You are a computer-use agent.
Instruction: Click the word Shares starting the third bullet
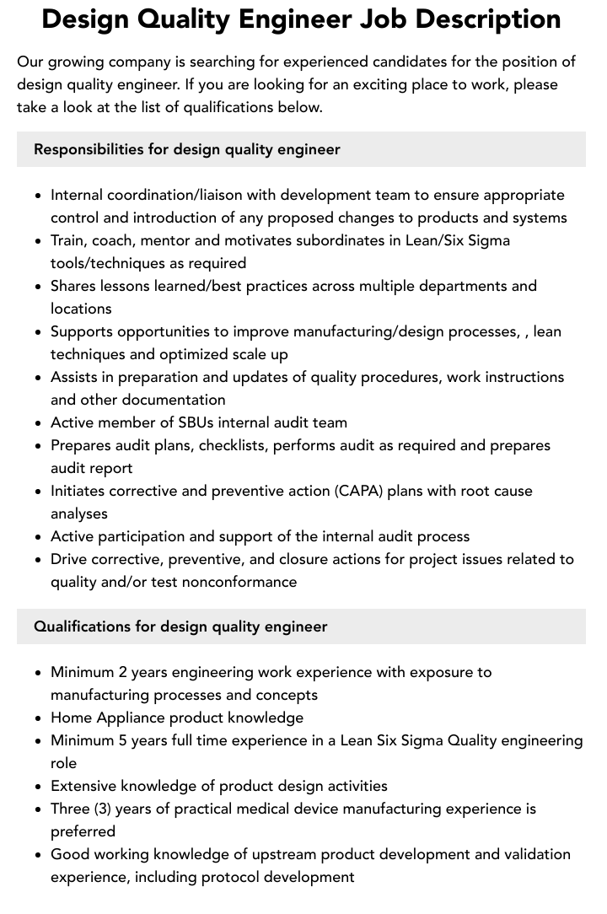point(73,286)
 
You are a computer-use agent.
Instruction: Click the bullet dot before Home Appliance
point(39,718)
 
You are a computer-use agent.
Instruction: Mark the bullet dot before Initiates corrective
point(39,492)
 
